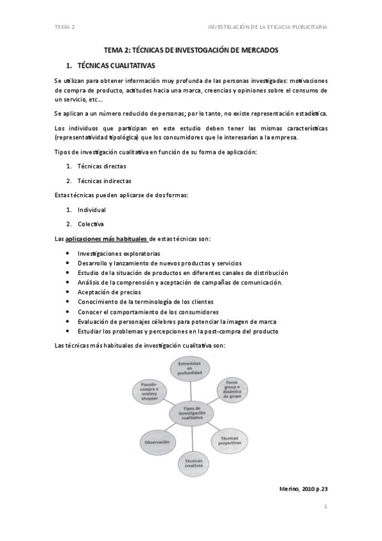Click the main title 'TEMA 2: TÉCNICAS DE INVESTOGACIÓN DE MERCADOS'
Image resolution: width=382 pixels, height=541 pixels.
pyautogui.click(x=191, y=50)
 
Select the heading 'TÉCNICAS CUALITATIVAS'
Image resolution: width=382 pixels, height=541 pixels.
pyautogui.click(x=115, y=66)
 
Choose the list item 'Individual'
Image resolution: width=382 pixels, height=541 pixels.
pyautogui.click(x=91, y=209)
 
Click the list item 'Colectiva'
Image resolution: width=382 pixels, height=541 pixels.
pyautogui.click(x=91, y=224)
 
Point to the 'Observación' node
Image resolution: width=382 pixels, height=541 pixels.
pyautogui.click(x=156, y=441)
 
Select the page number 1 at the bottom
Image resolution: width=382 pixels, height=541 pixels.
pyautogui.click(x=325, y=508)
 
